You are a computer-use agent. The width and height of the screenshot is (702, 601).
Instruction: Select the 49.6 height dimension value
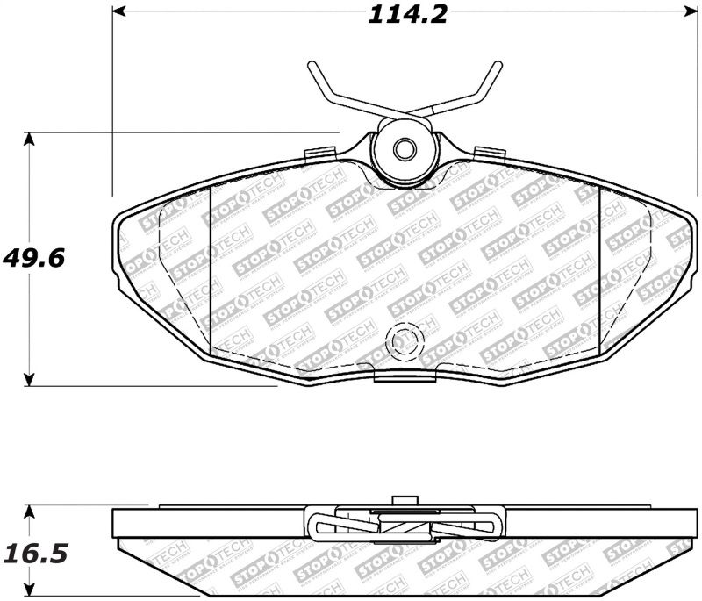coord(36,260)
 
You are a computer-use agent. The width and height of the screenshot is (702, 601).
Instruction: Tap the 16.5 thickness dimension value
coord(36,554)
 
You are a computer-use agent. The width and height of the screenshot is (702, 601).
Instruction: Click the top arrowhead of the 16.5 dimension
coord(31,512)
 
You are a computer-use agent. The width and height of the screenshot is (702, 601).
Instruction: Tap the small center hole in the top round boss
coord(403,149)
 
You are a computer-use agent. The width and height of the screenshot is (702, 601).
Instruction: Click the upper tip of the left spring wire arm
coord(312,68)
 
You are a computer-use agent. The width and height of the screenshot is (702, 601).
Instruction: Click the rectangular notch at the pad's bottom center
coord(404,375)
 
